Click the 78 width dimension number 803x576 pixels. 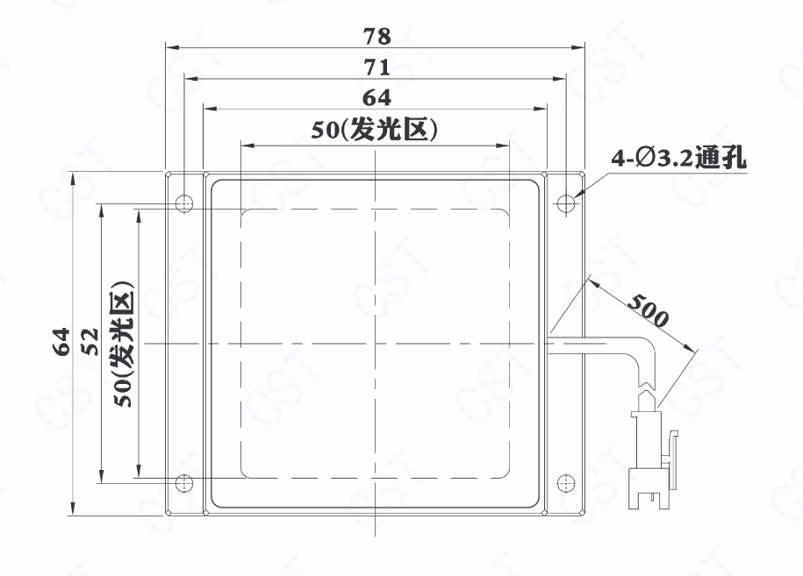tap(376, 36)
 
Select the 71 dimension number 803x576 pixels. tap(376, 67)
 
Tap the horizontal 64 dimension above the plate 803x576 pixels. tap(376, 97)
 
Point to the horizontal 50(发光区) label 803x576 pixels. tap(375, 130)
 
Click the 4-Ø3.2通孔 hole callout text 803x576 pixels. tap(678, 158)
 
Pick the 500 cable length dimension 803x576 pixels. tap(649, 310)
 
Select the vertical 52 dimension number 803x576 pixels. tap(90, 342)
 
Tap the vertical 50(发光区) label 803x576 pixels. tap(124, 344)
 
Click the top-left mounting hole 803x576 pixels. tap(183, 203)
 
